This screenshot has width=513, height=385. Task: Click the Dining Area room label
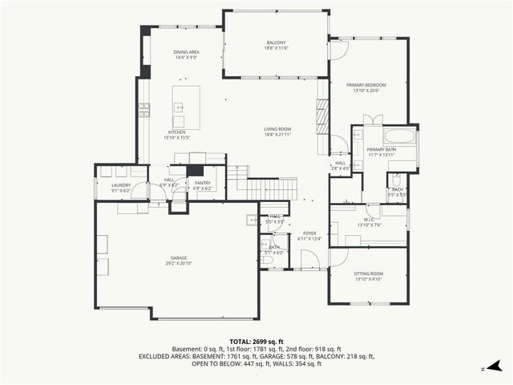(x=186, y=52)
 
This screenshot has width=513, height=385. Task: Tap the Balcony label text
(x=276, y=43)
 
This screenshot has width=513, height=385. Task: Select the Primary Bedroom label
(x=366, y=84)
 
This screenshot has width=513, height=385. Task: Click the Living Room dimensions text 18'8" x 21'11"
(x=278, y=135)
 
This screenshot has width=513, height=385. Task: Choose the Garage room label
(x=178, y=257)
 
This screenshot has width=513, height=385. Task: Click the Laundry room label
(x=121, y=184)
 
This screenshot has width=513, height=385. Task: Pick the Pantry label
(x=202, y=182)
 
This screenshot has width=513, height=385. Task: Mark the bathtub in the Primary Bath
(x=399, y=136)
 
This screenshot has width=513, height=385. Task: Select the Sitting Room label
(x=368, y=274)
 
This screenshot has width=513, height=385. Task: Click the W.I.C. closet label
(x=368, y=219)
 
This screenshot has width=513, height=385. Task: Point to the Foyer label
(x=309, y=233)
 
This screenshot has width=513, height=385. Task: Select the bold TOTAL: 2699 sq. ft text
(x=256, y=341)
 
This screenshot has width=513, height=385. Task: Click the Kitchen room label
(x=176, y=132)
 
